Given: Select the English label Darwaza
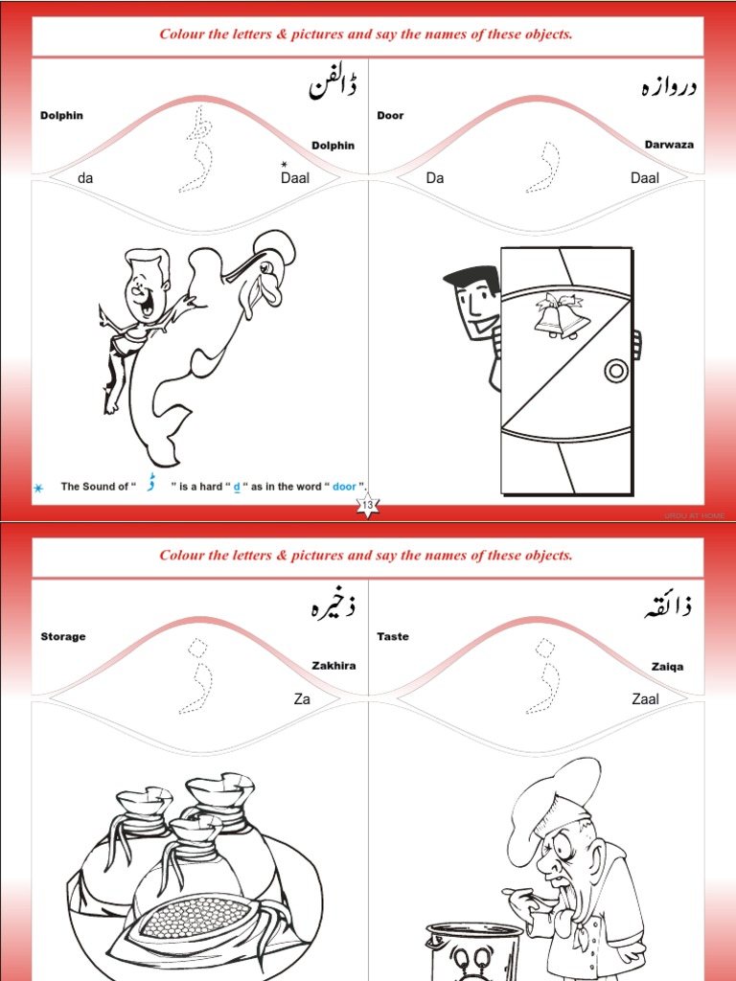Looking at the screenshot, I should pos(669,145).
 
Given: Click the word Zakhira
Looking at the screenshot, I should pos(333,666).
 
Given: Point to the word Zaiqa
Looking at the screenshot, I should pos(667,667).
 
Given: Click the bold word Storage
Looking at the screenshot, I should pos(63,636).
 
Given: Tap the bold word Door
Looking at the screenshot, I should pos(390,115).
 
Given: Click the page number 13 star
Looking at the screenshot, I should pos(368,505).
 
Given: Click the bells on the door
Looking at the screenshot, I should pos(560,315).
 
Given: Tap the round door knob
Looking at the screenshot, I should pos(613,370).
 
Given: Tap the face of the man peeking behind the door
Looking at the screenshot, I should pos(476,306).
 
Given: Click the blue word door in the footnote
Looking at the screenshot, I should pos(344,487).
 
